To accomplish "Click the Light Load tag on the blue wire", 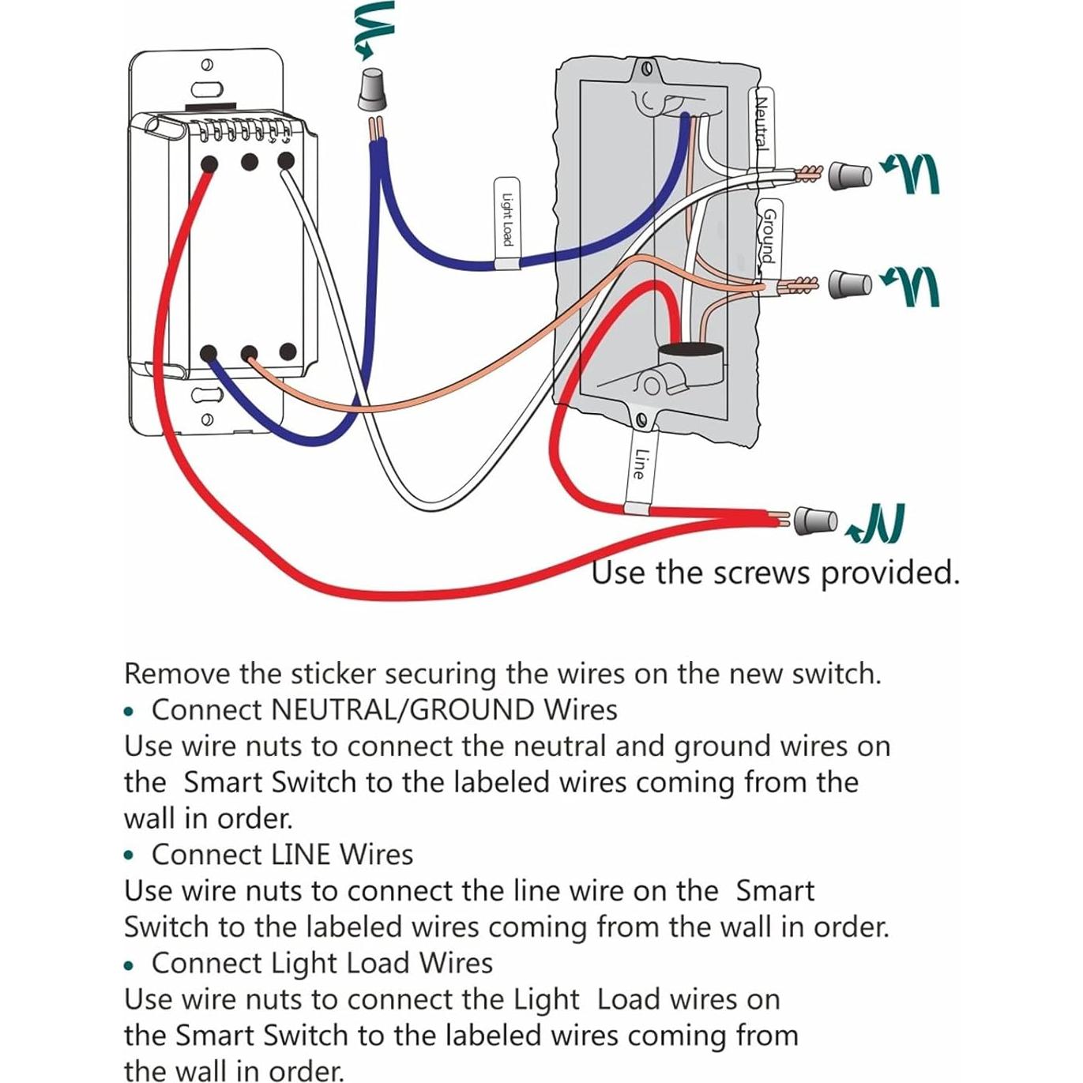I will click(506, 222).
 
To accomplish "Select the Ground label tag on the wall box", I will click(767, 237).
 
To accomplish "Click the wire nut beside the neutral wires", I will click(850, 175).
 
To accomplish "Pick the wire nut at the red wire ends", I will click(814, 521).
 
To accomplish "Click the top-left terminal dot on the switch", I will click(209, 164).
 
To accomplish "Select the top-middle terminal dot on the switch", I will click(250, 163).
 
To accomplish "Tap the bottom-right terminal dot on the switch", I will click(288, 352).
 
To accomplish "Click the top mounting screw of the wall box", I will click(647, 69).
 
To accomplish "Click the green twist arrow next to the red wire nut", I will click(877, 525).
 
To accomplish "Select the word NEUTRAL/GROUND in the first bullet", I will click(402, 709).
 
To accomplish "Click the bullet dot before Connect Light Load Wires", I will click(130, 965).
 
